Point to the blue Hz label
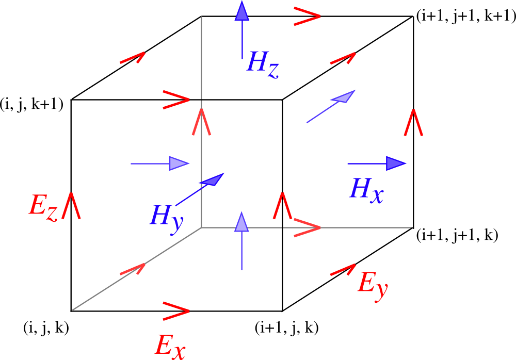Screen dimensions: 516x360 point(263,64)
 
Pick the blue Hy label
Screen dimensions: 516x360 point(167,219)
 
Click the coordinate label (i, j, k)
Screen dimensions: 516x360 point(46,328)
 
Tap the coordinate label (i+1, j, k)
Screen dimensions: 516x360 point(286,328)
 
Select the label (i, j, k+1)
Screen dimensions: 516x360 point(31,105)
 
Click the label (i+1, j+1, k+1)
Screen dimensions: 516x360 point(466,15)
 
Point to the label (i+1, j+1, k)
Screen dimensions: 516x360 point(457,235)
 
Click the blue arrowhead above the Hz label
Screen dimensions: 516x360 point(242,11)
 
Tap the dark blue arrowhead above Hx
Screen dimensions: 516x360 point(396,163)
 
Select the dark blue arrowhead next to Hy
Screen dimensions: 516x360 point(213,180)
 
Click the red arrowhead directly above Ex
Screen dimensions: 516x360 point(176,311)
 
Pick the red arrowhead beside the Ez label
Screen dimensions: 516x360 point(71,205)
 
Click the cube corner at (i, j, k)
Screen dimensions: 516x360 point(71,311)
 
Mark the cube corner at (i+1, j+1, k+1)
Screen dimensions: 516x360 point(413,16)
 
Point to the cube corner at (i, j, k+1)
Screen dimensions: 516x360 point(71,100)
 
